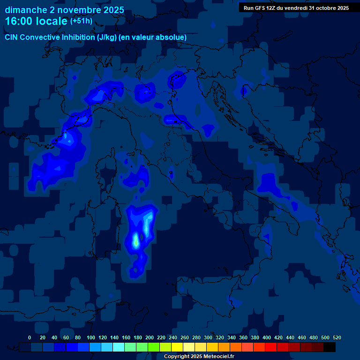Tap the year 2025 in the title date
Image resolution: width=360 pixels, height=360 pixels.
(x=112, y=10)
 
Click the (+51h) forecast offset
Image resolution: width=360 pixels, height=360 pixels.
(x=81, y=21)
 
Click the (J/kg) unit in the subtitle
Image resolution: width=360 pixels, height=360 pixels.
(x=107, y=37)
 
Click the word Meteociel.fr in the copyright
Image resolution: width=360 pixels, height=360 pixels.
(x=218, y=357)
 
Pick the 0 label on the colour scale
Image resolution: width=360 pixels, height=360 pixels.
(x=30, y=337)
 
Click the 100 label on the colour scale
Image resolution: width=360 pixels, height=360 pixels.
(x=91, y=337)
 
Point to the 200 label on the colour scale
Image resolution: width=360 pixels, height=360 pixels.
(x=150, y=337)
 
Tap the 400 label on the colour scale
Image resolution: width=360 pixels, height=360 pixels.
(x=267, y=337)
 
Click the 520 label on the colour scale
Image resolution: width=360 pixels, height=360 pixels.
(x=337, y=337)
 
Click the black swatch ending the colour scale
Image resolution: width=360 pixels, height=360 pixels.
(x=330, y=347)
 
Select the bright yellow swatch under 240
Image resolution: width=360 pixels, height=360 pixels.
(x=177, y=347)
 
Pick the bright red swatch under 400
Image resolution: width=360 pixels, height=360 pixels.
(x=271, y=347)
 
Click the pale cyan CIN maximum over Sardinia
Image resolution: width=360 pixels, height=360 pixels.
(x=136, y=240)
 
